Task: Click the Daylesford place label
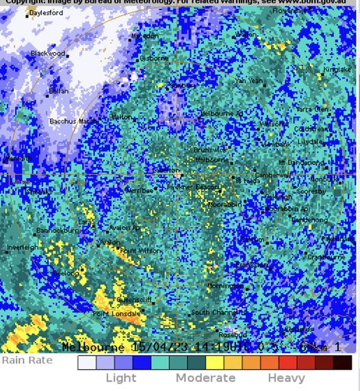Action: tap(46, 13)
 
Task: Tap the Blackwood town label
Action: tap(48, 53)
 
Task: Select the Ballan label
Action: tap(58, 91)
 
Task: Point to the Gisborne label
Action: tap(154, 59)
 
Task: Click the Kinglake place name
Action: tap(337, 70)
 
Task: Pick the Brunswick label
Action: tap(209, 150)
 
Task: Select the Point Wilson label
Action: tap(141, 251)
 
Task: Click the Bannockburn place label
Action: tap(57, 231)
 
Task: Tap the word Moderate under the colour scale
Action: tap(205, 378)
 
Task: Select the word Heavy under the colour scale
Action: tap(286, 378)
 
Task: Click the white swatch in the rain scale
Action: tap(87, 362)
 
